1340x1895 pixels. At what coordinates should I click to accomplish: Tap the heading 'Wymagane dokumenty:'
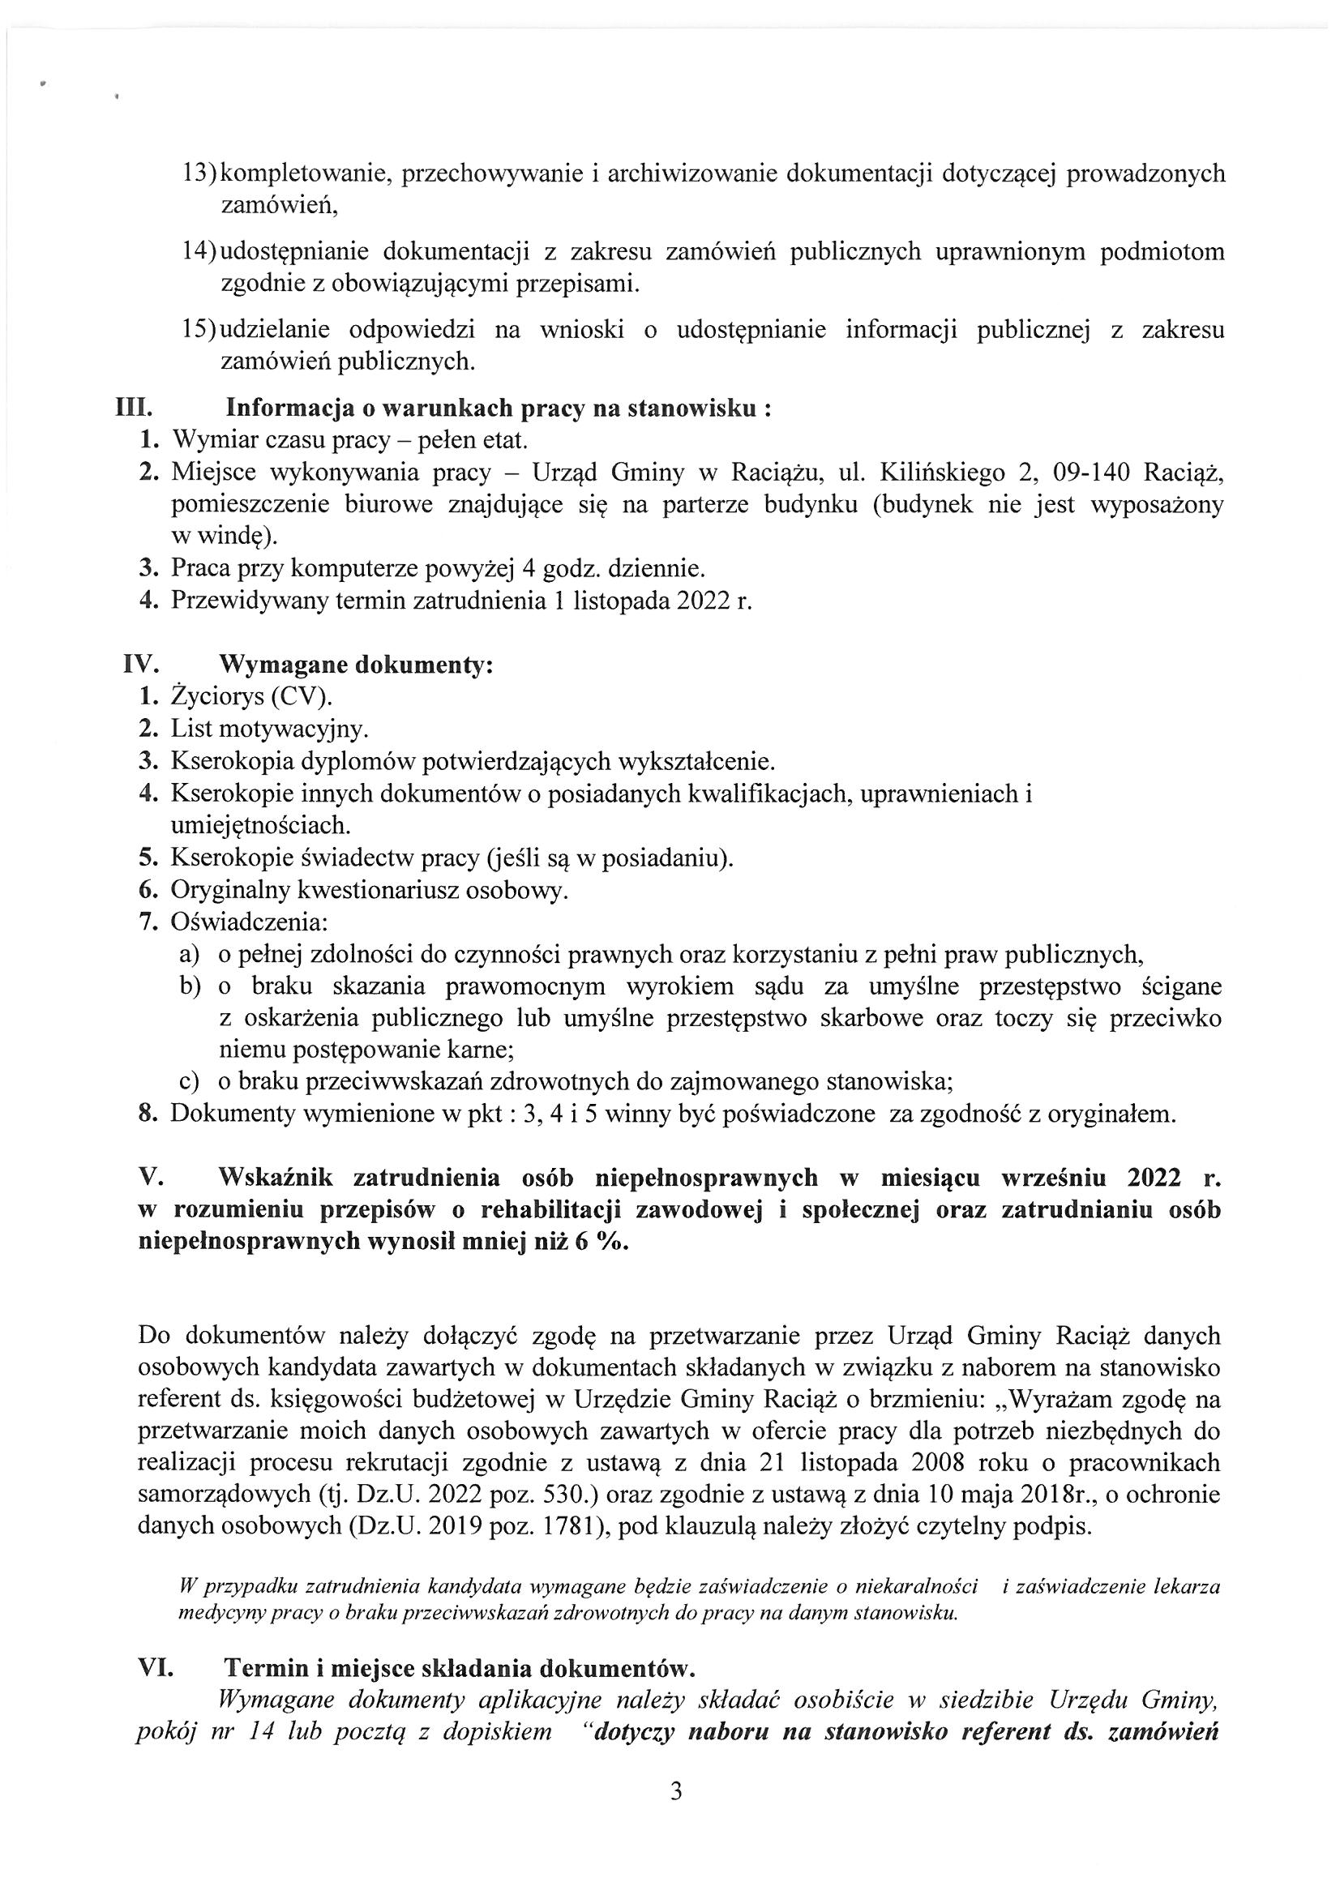click(355, 665)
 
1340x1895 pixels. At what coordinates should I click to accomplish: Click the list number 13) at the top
click(199, 174)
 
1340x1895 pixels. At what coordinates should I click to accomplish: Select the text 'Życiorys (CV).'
click(252, 696)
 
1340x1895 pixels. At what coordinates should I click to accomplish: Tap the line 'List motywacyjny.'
click(270, 729)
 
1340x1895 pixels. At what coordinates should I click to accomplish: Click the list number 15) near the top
click(199, 330)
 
